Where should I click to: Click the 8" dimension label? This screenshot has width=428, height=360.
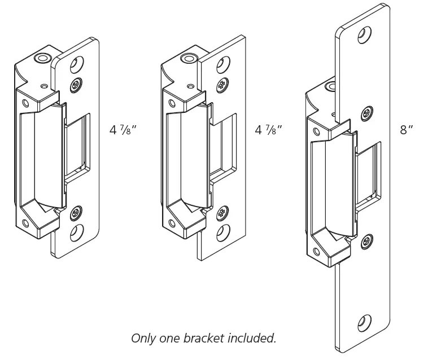[407, 129]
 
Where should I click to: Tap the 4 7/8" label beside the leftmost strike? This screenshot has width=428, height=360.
[123, 129]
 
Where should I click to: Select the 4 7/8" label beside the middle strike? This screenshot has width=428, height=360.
[269, 129]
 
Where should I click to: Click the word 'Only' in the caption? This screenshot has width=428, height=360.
[144, 338]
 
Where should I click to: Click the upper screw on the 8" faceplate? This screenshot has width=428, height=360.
[368, 112]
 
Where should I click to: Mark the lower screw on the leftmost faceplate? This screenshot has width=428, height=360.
[75, 214]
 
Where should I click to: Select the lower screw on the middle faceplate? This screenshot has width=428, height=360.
[221, 213]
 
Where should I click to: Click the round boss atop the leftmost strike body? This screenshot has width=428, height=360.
[41, 58]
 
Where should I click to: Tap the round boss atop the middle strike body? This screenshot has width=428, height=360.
[187, 58]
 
